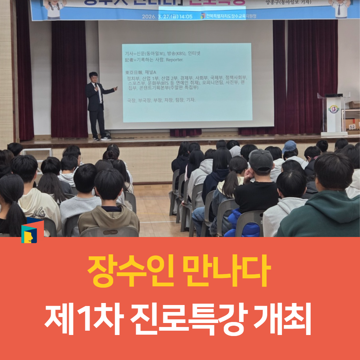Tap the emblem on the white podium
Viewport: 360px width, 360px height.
(x=333, y=110)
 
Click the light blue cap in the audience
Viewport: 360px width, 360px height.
(x=290, y=146)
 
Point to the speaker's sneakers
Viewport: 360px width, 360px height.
(x=102, y=138)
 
